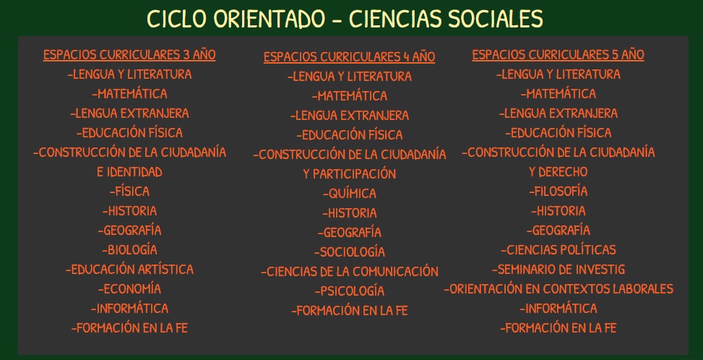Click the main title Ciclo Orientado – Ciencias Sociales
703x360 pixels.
coord(345,19)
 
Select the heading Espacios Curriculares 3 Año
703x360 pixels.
coord(129,55)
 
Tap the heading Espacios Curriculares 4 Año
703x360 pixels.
coord(349,57)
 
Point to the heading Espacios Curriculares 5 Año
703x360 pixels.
coord(558,55)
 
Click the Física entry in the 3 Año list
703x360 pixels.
coord(129,192)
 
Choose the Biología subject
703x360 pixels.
coord(129,249)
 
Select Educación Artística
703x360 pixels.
coord(129,270)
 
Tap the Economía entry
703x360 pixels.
coord(129,288)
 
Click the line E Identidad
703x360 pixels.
coord(129,172)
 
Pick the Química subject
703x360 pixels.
coord(349,194)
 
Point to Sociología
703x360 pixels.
coord(349,252)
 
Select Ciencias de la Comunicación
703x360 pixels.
coord(349,272)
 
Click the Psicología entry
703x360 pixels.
coord(349,291)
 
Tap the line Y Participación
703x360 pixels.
coord(349,174)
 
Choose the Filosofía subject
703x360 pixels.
coord(558,192)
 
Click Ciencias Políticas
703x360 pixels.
coord(558,249)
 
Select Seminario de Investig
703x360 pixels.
coord(558,270)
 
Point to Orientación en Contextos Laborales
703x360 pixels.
coord(558,288)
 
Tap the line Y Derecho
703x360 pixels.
coord(558,172)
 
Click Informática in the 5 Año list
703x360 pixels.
coord(558,309)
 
